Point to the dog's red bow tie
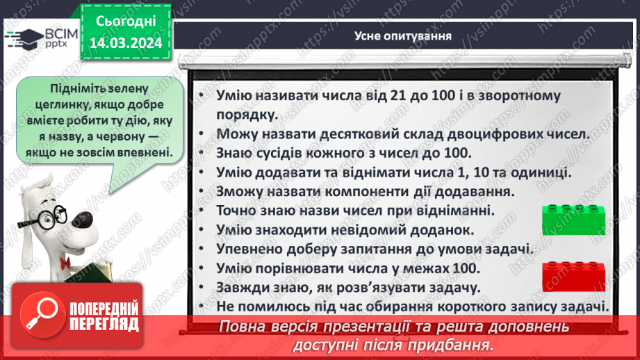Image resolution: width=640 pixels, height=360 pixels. coord(67,263)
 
